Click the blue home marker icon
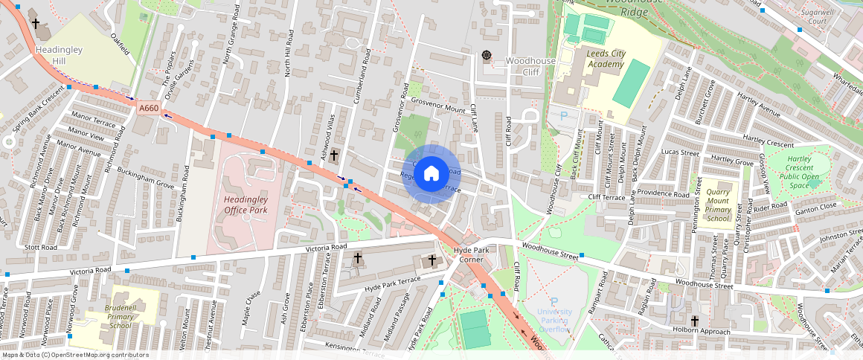tap(431, 174)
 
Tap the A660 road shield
tap(149, 109)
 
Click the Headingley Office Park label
tap(246, 205)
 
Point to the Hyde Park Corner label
tap(471, 254)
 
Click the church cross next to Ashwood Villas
tap(334, 155)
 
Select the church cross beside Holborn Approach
tap(695, 321)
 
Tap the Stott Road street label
tap(40, 247)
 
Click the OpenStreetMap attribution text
tap(74, 355)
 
